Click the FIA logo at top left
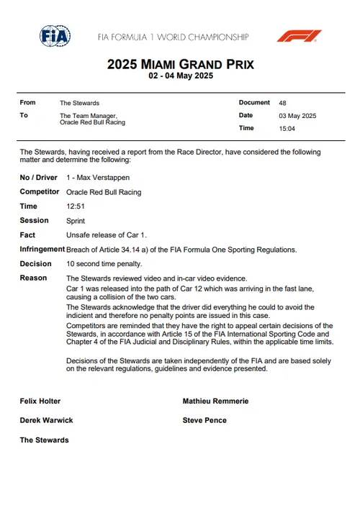(55, 36)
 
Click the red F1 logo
(300, 36)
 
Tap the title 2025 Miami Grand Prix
(180, 64)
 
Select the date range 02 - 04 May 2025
(180, 76)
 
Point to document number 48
(282, 103)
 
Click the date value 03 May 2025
(297, 116)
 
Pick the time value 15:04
(287, 128)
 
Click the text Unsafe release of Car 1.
(106, 235)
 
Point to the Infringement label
(42, 250)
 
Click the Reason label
(33, 278)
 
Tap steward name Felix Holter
(40, 401)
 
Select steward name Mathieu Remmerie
(215, 401)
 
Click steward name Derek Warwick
(45, 420)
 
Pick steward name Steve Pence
(204, 420)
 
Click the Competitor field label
(39, 192)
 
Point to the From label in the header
(27, 103)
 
